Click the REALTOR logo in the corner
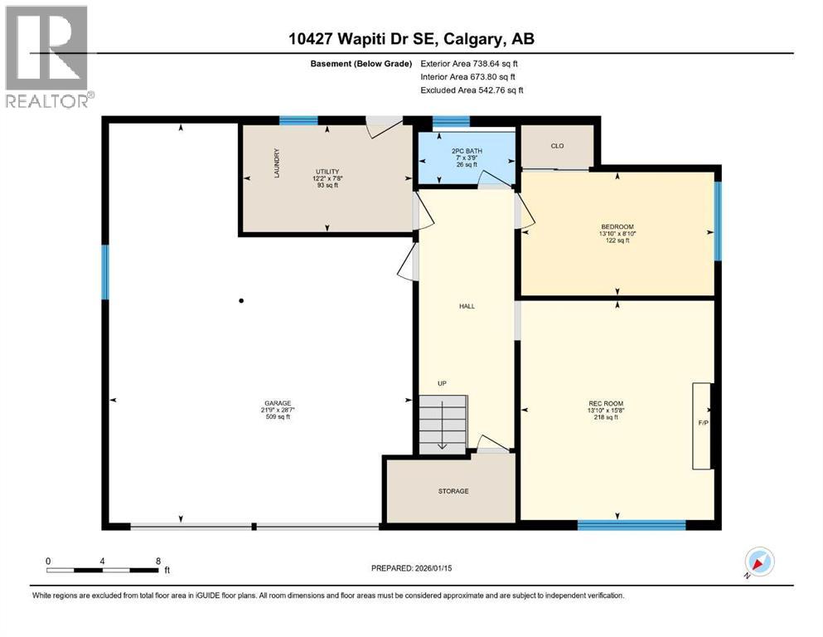(x=46, y=56)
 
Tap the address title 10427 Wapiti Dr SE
(x=411, y=39)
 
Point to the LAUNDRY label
(x=277, y=163)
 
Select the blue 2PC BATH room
(x=466, y=158)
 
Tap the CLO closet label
(x=557, y=146)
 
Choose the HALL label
(x=467, y=306)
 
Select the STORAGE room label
(x=453, y=491)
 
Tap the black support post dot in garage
(x=241, y=301)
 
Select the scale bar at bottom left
(x=103, y=570)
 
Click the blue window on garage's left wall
(x=105, y=271)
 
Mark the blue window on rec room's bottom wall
(x=631, y=524)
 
